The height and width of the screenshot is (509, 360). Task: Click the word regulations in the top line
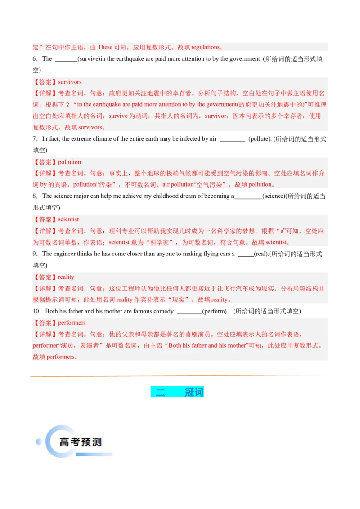tap(205, 47)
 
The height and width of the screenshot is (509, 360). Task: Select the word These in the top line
tap(105, 47)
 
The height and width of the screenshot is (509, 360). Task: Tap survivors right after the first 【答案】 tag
tap(70, 82)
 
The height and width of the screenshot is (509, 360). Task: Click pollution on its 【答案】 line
tap(69, 162)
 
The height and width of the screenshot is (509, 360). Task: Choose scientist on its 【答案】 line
tap(68, 220)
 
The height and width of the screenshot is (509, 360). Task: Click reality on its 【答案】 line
tap(66, 277)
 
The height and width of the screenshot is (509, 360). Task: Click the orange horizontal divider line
tap(180, 375)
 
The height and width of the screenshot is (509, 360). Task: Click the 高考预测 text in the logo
tap(80, 442)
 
